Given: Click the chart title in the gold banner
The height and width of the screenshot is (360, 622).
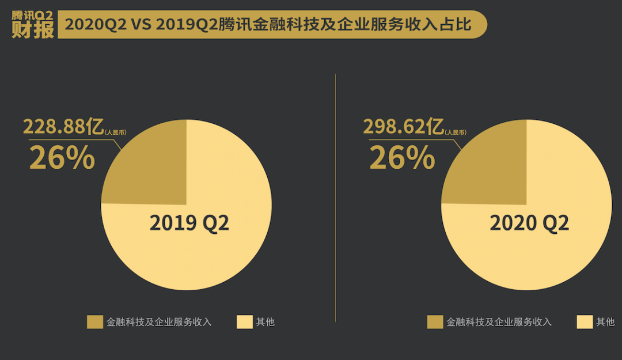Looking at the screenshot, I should (268, 25).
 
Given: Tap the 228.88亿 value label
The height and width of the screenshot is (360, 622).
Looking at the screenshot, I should (63, 127).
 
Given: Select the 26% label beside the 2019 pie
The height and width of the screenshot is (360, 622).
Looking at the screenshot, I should (62, 158).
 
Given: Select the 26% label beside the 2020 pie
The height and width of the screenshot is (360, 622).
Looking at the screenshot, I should (401, 158).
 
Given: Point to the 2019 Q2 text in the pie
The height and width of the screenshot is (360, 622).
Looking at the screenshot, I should (189, 223).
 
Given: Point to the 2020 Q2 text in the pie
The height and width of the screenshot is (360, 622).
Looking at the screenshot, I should (529, 223).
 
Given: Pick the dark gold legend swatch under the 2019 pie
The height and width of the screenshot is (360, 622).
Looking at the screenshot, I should (94, 322).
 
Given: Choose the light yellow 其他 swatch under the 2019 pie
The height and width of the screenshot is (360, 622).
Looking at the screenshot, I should (244, 322).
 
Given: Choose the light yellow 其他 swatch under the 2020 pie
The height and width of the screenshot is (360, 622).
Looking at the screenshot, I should (584, 322).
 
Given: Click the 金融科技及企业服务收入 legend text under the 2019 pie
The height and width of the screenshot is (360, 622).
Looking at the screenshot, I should (159, 322).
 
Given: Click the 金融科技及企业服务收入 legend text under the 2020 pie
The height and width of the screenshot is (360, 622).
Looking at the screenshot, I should (499, 322).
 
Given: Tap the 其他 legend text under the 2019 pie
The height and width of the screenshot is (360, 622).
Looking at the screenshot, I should (265, 322).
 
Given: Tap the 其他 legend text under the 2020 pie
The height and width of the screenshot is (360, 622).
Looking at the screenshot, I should (605, 322).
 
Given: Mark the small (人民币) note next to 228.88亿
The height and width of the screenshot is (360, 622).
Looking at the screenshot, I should (115, 132).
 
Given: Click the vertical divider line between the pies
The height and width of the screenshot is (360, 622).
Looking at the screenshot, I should (336, 196).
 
